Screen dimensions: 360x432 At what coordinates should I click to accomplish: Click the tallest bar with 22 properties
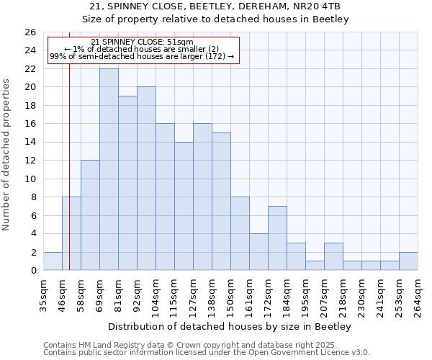click(x=109, y=169)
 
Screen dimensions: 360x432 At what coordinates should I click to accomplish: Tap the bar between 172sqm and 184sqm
click(x=277, y=238)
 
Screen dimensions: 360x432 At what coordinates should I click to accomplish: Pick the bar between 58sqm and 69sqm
click(x=90, y=215)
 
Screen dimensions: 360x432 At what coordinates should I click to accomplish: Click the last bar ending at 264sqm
click(x=408, y=261)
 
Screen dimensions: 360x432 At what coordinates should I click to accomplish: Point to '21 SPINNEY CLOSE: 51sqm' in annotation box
click(x=143, y=42)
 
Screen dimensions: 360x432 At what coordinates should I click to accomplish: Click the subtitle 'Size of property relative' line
click(x=215, y=19)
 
